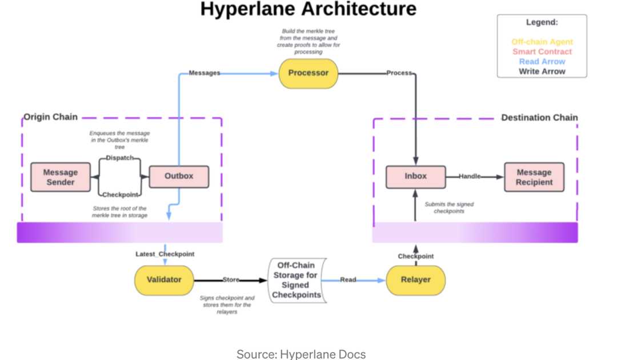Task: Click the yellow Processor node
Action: point(308,73)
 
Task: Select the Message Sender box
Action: point(60,177)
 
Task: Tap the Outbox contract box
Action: point(179,177)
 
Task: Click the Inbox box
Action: point(415,177)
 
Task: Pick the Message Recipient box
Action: point(534,177)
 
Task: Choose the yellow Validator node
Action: point(164,280)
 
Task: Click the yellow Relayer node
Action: point(415,280)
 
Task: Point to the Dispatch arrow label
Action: point(119,158)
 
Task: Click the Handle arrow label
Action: point(470,177)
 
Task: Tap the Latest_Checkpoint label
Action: point(165,254)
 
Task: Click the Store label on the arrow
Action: point(231,280)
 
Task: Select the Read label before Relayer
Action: point(348,280)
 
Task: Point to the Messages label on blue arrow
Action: point(204,73)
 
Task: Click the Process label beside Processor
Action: point(399,73)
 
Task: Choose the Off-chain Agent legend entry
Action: point(542,42)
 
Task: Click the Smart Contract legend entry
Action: point(542,51)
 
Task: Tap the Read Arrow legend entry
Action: point(542,61)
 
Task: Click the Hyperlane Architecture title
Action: point(308,9)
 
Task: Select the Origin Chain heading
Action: point(50,117)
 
